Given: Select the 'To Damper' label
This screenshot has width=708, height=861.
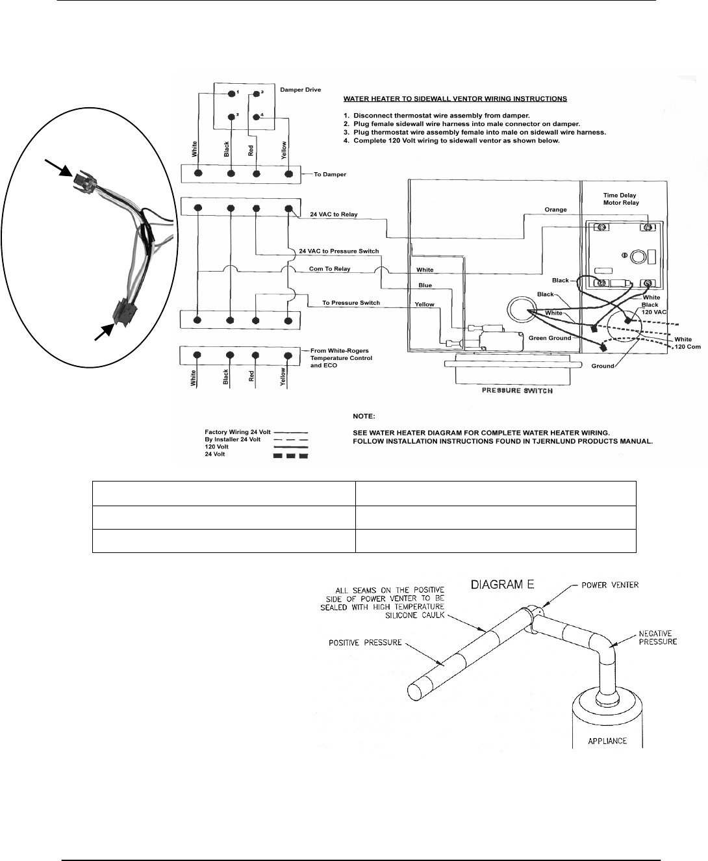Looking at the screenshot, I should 330,175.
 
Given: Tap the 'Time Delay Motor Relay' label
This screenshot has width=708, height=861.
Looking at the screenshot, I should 620,199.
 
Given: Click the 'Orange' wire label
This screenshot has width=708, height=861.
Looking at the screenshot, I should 556,210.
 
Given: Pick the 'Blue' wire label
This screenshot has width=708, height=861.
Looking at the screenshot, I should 425,286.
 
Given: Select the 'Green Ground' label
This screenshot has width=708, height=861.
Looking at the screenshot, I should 550,338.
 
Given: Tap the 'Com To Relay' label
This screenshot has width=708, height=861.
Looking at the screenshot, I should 329,269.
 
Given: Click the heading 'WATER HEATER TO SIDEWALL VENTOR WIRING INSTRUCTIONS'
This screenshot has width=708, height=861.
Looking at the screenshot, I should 455,99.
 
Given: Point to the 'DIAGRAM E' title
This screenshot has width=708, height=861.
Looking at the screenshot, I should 504,584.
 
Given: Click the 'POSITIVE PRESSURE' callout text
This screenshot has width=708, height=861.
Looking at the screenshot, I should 363,644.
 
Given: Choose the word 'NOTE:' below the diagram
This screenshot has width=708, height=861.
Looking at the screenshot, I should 364,415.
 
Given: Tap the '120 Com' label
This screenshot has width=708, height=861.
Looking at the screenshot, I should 687,347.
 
